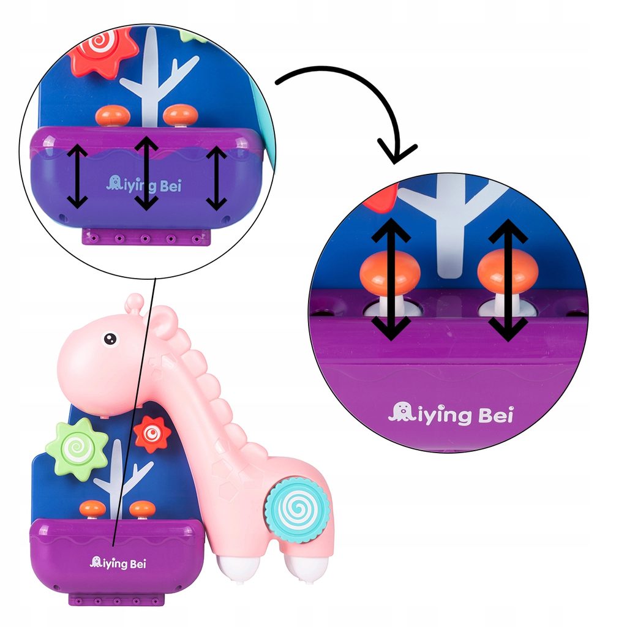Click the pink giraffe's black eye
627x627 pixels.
110,338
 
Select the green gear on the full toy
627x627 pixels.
77,448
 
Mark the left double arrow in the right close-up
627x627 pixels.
389,279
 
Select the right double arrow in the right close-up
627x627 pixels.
508,279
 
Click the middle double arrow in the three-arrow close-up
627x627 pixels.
146,173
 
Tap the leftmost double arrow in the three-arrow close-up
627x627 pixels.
77,177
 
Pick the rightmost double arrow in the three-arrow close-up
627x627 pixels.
216,177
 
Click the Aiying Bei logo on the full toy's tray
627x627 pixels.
118,563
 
